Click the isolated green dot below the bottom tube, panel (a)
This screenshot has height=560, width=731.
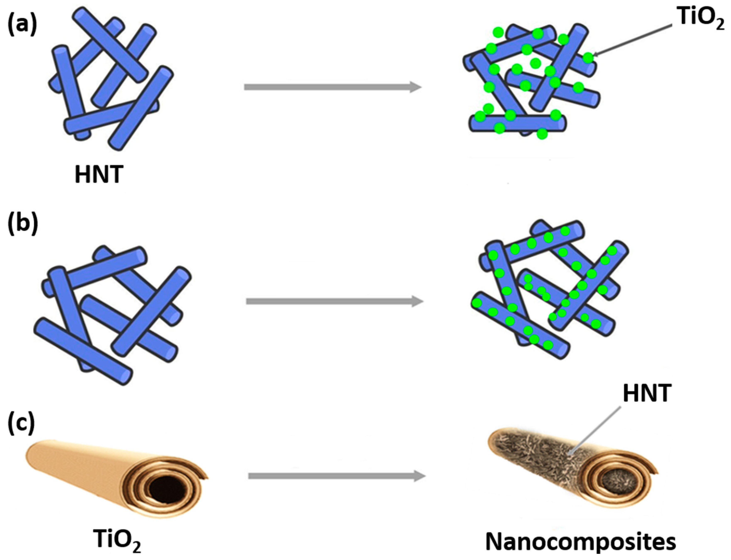[542, 134]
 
